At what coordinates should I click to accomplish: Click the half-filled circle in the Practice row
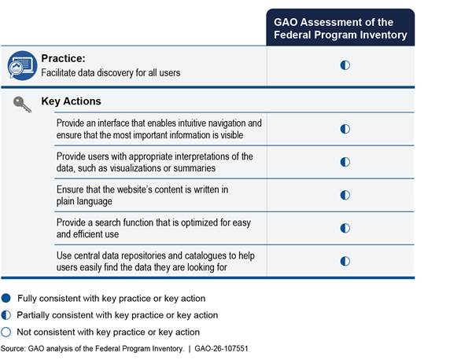pyautogui.click(x=345, y=65)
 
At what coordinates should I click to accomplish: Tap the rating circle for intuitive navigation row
pyautogui.click(x=345, y=128)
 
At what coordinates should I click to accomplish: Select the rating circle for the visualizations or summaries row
pyautogui.click(x=345, y=162)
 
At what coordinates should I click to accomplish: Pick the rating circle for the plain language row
pyautogui.click(x=345, y=194)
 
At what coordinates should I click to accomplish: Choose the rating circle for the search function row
pyautogui.click(x=345, y=228)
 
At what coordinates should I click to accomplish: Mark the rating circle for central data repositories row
pyautogui.click(x=345, y=261)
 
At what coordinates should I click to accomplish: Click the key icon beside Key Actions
pyautogui.click(x=22, y=104)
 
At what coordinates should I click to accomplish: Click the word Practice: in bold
pyautogui.click(x=62, y=58)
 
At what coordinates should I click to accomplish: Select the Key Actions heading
pyautogui.click(x=71, y=101)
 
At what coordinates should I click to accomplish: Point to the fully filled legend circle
pyautogui.click(x=7, y=298)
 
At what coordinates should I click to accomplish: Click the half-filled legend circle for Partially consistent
pyautogui.click(x=7, y=315)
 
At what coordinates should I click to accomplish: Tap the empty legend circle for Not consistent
pyautogui.click(x=7, y=332)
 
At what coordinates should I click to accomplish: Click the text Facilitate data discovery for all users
pyautogui.click(x=111, y=73)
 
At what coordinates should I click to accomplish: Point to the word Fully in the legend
pyautogui.click(x=25, y=298)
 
